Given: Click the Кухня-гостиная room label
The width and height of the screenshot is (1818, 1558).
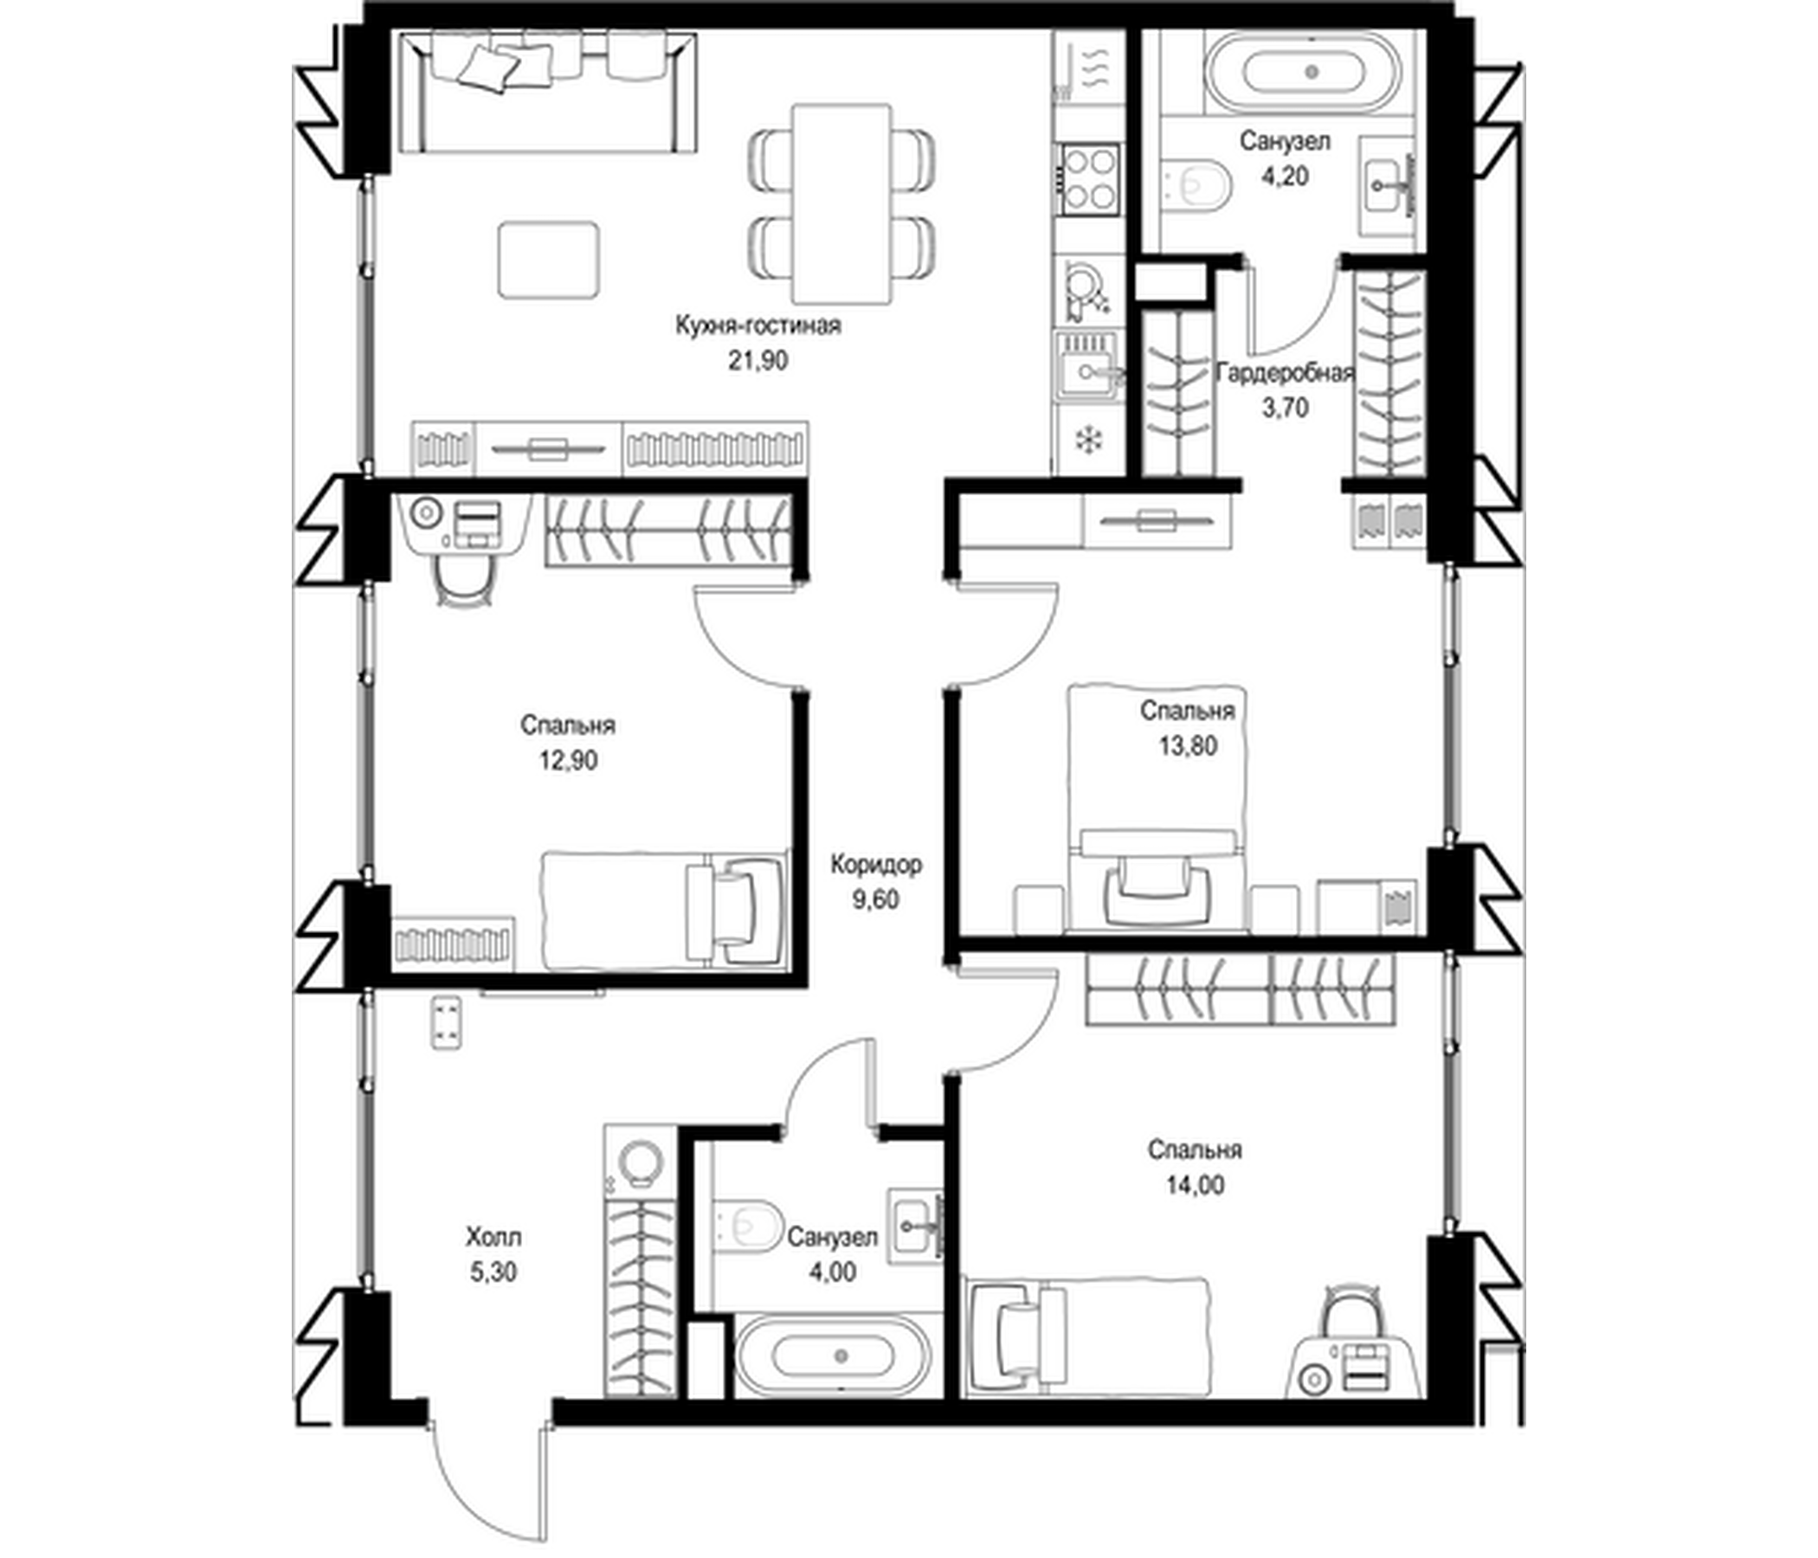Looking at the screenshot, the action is click(x=758, y=325).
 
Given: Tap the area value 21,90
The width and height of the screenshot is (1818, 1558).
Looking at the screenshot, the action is click(x=758, y=360).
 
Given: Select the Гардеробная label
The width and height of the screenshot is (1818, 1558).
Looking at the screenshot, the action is click(x=1286, y=373).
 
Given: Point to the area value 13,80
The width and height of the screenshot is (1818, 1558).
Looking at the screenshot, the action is click(x=1187, y=745).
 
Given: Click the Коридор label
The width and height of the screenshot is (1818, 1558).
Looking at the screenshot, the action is click(x=876, y=865).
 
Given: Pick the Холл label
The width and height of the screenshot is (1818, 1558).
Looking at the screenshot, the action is click(x=493, y=1238).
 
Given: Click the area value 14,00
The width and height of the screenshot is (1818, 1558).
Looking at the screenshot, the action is click(x=1195, y=1185).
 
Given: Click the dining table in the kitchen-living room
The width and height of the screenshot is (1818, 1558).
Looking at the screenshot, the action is click(x=841, y=203).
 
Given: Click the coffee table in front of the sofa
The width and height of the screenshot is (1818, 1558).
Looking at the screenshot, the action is click(x=549, y=260).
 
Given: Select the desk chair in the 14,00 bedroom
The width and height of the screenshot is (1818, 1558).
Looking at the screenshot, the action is click(x=1355, y=1316).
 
